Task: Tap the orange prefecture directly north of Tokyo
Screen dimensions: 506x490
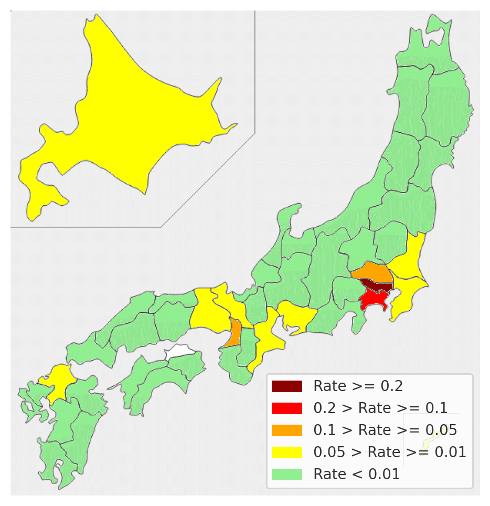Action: click(372, 272)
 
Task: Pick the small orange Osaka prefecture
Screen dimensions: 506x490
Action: click(235, 333)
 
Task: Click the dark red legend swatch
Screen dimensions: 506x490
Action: click(287, 386)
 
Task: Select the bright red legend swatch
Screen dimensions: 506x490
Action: click(287, 408)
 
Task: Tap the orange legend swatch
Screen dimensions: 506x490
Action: click(287, 430)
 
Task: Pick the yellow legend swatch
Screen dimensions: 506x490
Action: click(287, 452)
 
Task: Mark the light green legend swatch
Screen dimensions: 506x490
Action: click(287, 475)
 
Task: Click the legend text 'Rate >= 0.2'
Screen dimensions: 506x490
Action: click(358, 386)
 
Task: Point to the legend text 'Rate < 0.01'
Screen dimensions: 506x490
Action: click(357, 475)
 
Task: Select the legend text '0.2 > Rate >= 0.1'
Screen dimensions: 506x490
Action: click(380, 408)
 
